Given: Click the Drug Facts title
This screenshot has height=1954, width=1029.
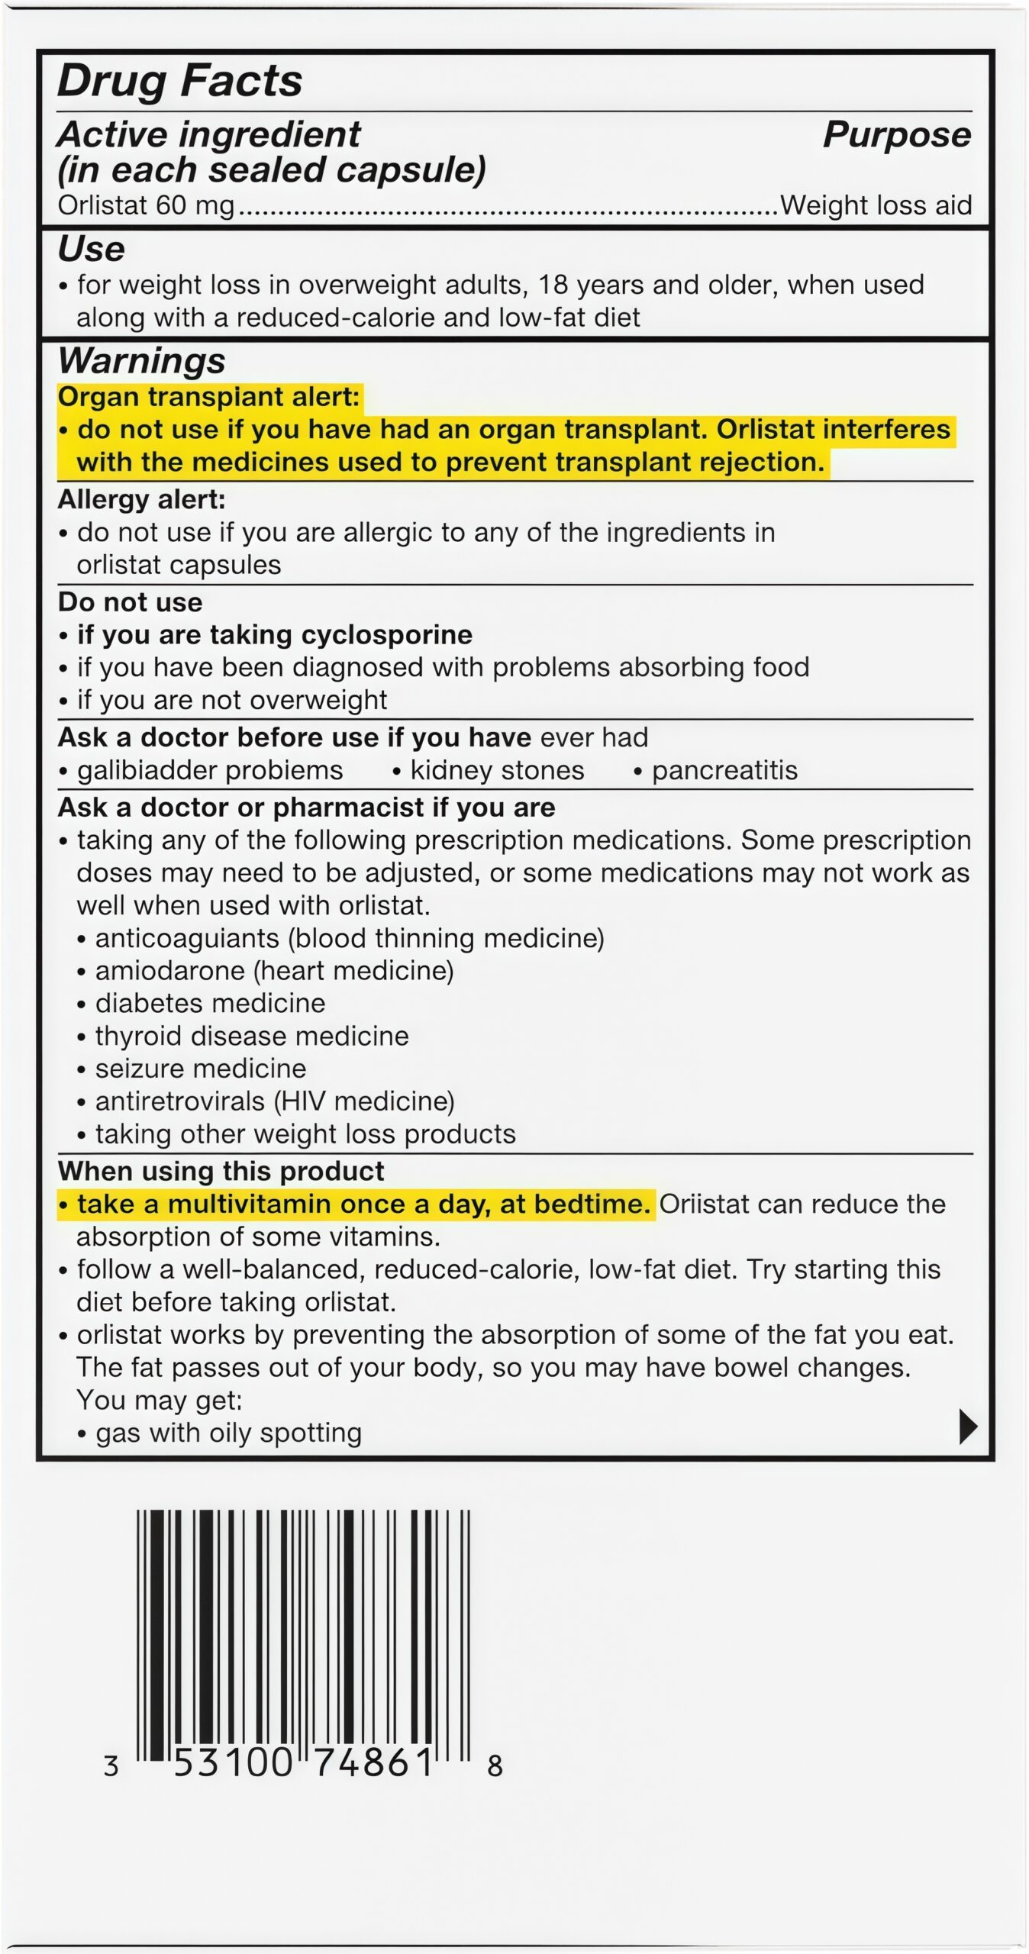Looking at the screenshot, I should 180,81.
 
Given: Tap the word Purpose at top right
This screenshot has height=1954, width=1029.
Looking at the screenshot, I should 896,135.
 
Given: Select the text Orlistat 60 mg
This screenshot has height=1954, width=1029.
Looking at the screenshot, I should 146,205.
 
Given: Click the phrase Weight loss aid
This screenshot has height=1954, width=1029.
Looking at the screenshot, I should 876,205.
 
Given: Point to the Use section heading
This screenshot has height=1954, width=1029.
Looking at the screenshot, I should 92,250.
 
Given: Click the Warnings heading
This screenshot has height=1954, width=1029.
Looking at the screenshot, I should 142,361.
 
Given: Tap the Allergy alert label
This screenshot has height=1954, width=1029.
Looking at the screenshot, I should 142,500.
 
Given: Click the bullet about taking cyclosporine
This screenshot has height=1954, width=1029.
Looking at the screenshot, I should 273,635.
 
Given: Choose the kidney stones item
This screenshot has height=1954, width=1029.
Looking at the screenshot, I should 496,770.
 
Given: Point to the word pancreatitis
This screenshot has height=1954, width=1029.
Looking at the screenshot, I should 724,770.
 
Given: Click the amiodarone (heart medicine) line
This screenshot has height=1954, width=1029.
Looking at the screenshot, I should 273,971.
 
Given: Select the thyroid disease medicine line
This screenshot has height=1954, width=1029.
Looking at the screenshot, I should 251,1037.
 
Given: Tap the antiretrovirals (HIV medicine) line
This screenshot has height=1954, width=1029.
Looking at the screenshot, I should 274,1101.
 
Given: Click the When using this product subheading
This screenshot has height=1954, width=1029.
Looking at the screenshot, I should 221,1172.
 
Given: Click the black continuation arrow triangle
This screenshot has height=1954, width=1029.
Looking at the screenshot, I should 967,1427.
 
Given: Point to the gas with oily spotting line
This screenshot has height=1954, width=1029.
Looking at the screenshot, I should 227,1433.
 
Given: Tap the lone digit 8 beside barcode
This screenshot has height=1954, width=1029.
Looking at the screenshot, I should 495,1765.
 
